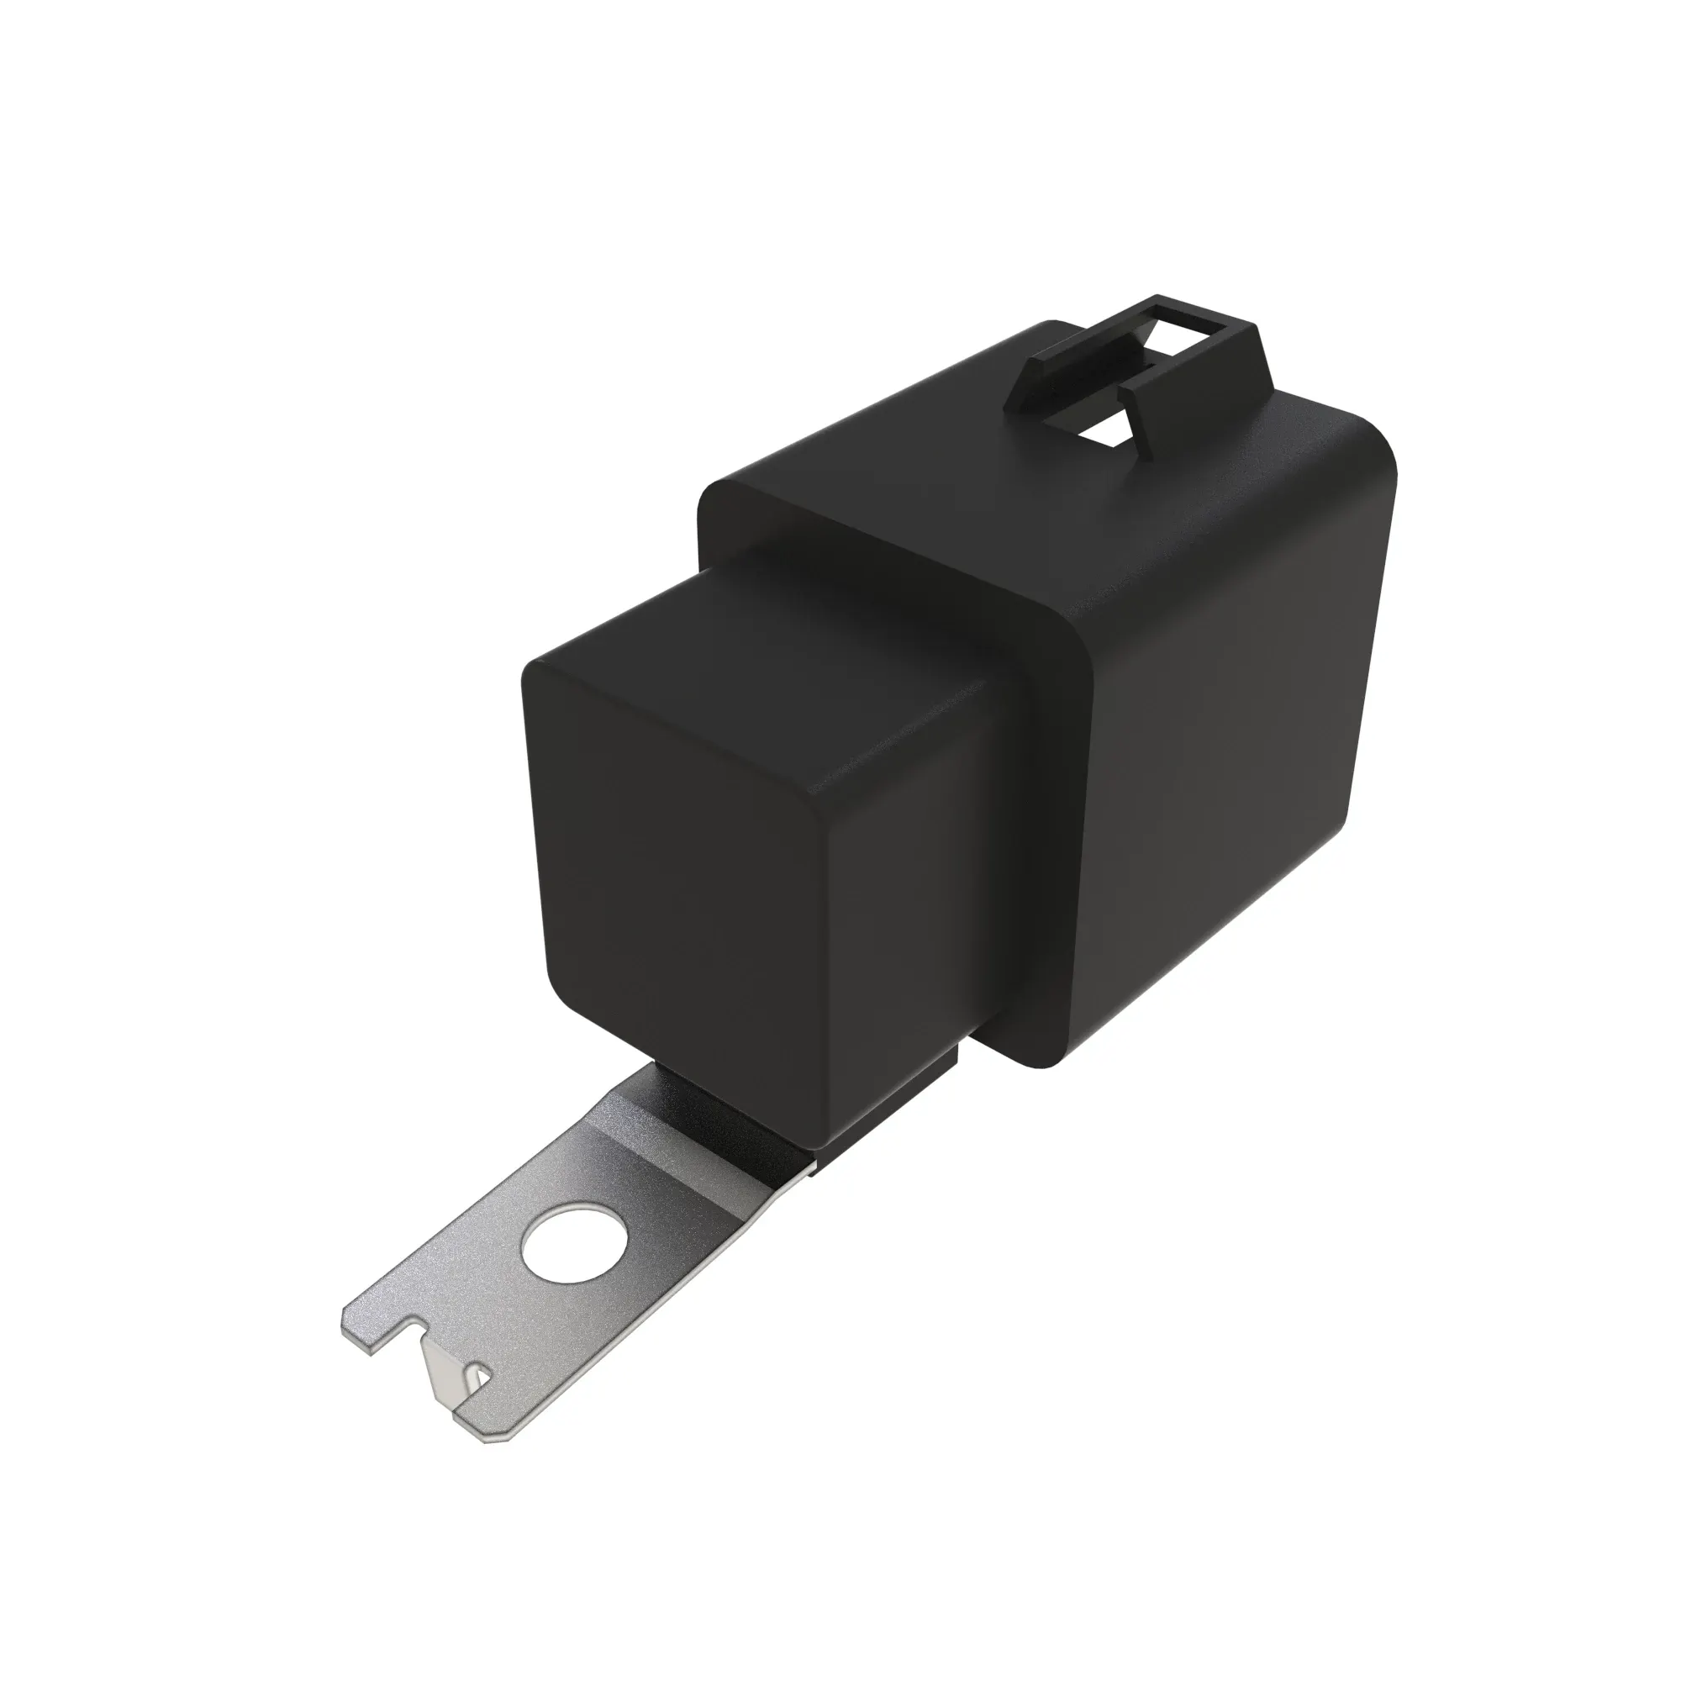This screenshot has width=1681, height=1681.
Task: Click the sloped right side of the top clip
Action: pos(1253,366)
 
